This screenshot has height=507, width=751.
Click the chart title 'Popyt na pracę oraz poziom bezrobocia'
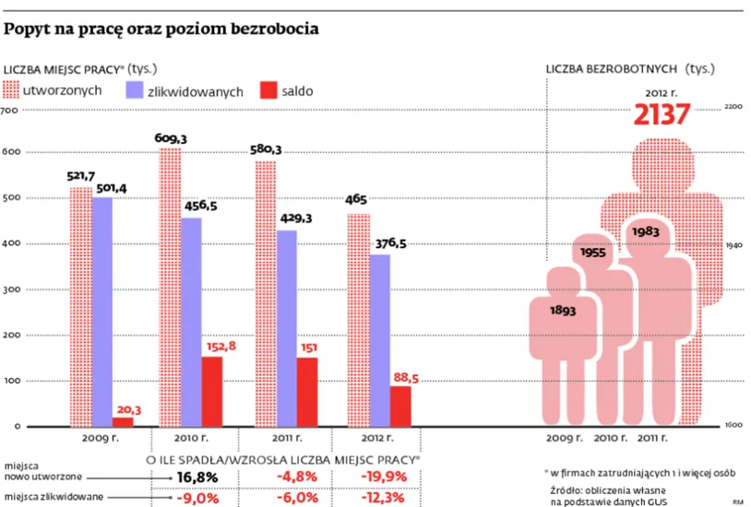point(162,29)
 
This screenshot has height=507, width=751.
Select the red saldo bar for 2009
point(123,421)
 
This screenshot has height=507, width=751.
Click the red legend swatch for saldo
point(268,91)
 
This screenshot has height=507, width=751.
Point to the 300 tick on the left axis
point(9,289)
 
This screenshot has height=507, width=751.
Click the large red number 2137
point(662,115)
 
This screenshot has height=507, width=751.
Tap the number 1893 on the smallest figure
point(563,311)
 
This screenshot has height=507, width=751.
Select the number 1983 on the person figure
point(645,231)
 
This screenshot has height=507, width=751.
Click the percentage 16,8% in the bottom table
point(197,477)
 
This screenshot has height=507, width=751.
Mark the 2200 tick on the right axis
point(733,107)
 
